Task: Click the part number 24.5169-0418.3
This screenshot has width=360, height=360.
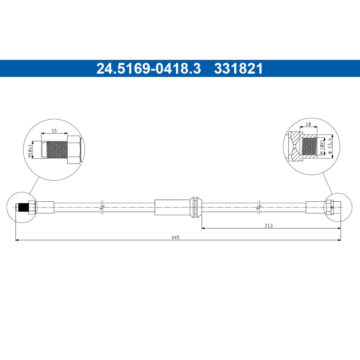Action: [148, 69]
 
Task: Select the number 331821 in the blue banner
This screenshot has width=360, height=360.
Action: [238, 69]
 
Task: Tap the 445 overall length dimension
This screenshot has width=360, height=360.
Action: [176, 237]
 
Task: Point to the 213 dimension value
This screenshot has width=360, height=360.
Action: [269, 226]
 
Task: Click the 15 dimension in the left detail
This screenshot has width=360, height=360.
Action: [54, 131]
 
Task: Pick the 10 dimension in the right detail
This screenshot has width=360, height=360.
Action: [308, 124]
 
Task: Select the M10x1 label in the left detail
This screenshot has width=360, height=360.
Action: [30, 151]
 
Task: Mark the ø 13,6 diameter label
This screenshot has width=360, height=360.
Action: [330, 145]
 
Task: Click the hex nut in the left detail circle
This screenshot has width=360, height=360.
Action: [74, 150]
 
